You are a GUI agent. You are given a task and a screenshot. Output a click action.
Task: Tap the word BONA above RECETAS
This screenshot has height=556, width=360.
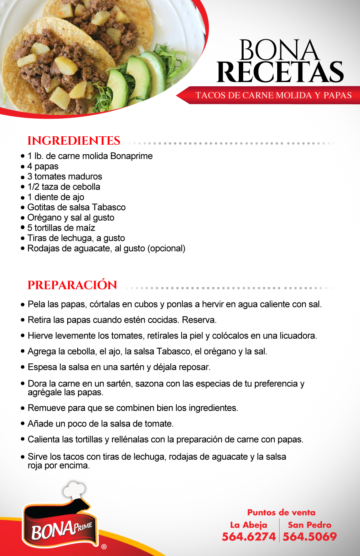pos(279,50)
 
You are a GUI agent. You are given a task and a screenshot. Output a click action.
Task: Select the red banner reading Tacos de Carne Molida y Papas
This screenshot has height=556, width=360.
pos(273,96)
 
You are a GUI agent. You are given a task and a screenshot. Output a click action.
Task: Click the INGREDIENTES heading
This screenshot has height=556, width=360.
pos(74,141)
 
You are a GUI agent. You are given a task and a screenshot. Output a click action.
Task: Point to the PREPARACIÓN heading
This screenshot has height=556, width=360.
pos(72,285)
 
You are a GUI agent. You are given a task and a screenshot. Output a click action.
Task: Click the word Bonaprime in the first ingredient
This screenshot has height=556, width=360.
pos(132,156)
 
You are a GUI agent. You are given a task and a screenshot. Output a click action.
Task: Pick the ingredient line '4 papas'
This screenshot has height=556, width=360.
pos(43,166)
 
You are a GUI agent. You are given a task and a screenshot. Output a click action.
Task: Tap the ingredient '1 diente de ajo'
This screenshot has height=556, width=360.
pos(56,197)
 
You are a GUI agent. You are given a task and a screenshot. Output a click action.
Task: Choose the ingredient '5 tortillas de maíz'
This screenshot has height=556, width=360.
pos(61,228)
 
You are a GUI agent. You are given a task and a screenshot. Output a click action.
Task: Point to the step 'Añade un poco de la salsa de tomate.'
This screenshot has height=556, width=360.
pos(100,424)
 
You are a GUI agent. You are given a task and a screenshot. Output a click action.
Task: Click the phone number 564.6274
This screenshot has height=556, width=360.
pos(249,537)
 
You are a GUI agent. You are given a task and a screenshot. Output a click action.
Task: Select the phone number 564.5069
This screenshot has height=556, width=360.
pos(310,537)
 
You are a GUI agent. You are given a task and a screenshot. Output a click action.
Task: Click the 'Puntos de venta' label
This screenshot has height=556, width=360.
pos(281,512)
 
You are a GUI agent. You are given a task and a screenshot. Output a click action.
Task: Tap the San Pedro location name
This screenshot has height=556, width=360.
pos(310,525)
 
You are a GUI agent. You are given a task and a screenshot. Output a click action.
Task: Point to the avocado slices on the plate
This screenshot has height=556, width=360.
pos(132,80)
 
